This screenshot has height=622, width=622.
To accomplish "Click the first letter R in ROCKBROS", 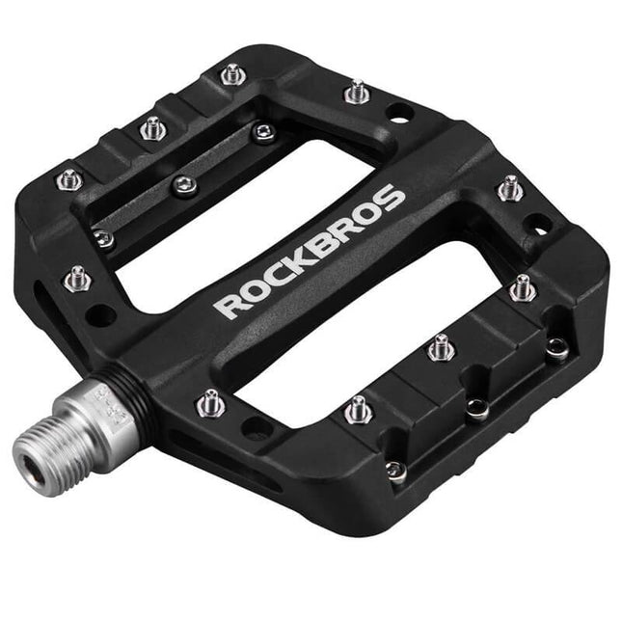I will coord(228,306).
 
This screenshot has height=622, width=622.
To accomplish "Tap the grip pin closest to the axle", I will coord(209,402).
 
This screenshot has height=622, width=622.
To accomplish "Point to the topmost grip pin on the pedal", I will coord(231,72).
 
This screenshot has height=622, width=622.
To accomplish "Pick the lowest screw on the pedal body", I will coord(393,471).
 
